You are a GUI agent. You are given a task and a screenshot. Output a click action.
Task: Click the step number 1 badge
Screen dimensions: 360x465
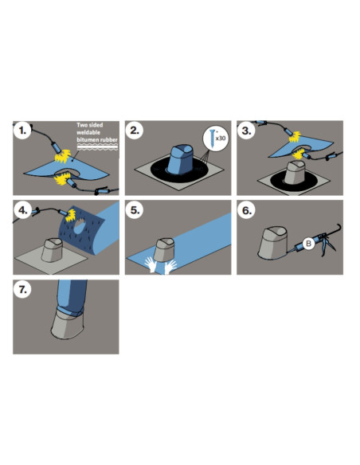22,131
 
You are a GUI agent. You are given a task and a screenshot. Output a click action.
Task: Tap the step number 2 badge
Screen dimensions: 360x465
135,131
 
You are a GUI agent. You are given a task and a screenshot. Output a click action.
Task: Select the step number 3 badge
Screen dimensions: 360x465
246,131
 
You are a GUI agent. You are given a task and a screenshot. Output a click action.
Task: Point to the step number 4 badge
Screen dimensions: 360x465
22,210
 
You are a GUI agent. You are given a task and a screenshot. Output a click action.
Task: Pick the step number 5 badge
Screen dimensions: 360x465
135,210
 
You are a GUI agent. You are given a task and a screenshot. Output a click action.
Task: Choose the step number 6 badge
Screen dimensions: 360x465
246,210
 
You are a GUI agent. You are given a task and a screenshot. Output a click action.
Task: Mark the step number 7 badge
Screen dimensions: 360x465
22,290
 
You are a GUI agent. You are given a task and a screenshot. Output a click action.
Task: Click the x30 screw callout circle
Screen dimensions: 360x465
216,139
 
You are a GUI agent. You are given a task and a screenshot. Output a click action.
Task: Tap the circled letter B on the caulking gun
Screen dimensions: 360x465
308,244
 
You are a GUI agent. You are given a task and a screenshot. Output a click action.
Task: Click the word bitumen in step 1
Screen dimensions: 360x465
88,139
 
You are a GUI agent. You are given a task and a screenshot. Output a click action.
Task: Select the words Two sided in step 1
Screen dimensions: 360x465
89,125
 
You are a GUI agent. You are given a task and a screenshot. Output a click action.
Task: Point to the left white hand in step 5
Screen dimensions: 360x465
151,264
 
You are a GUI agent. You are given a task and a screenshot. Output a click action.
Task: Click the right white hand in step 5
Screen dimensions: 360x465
170,267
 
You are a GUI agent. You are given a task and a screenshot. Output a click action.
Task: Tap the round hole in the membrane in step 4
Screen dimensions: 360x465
79,227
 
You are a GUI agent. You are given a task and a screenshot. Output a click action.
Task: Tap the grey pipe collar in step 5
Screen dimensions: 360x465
165,250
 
